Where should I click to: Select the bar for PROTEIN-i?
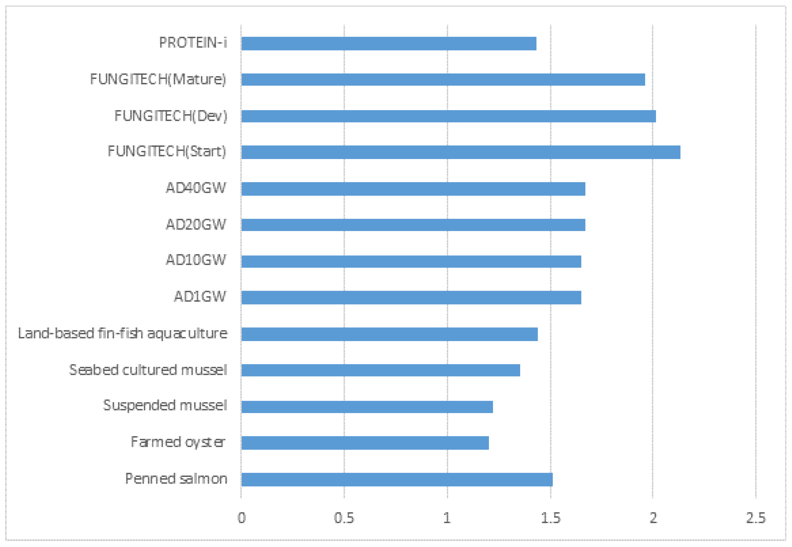click(x=388, y=44)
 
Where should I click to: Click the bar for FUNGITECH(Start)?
click(x=460, y=152)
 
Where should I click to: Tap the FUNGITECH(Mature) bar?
click(x=443, y=79)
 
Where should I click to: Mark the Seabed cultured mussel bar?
click(x=380, y=370)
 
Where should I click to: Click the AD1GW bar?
click(x=411, y=297)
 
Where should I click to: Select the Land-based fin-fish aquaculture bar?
click(x=389, y=334)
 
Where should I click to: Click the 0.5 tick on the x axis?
click(x=344, y=518)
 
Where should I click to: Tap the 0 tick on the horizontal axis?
click(x=242, y=518)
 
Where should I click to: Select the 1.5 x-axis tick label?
click(x=550, y=518)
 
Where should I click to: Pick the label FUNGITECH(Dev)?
click(x=171, y=116)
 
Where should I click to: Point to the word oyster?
click(x=205, y=442)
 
